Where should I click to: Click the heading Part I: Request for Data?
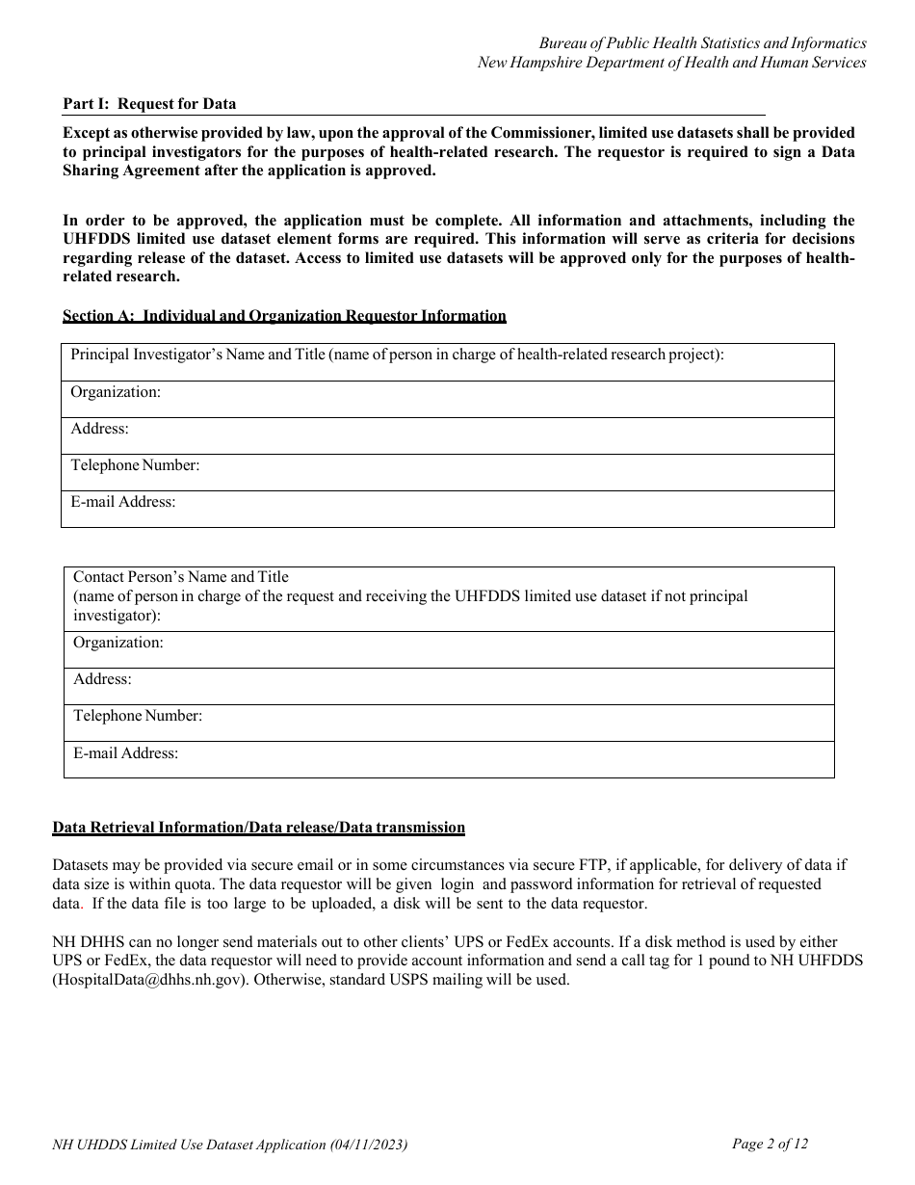click(x=149, y=104)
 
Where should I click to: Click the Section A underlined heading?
click(x=284, y=316)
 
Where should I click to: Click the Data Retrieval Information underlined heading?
click(x=258, y=828)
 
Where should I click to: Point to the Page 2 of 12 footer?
click(x=770, y=1144)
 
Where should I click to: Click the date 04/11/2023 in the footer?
click(x=367, y=1145)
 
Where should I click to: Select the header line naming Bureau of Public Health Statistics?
click(x=702, y=43)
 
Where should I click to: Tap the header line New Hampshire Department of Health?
click(x=671, y=63)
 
